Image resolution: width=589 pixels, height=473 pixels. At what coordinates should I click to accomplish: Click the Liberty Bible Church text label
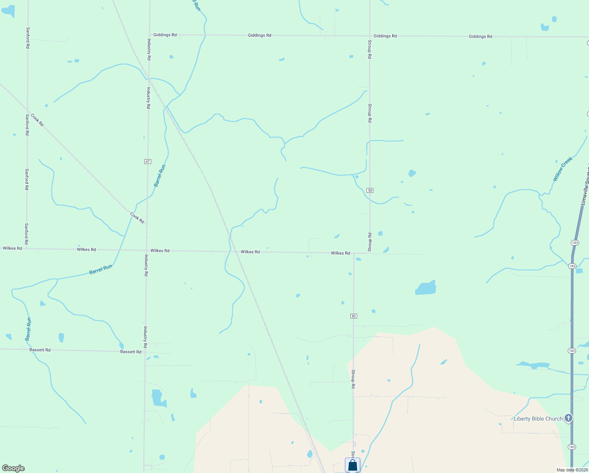click(x=538, y=419)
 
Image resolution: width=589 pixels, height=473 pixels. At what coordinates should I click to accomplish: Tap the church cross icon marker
click(x=568, y=418)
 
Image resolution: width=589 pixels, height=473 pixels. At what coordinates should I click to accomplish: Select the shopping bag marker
click(x=352, y=465)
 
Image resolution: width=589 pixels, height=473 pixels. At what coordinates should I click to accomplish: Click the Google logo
click(x=13, y=468)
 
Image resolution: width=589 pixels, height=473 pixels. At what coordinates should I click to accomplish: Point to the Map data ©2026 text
click(x=572, y=470)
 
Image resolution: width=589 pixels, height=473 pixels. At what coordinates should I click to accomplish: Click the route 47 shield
click(x=148, y=162)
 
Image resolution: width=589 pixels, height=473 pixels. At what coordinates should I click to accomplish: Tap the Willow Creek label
click(x=562, y=169)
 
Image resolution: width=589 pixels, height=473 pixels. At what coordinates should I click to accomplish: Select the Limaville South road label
click(x=584, y=185)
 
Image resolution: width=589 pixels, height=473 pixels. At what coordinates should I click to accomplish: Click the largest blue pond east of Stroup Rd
click(x=426, y=289)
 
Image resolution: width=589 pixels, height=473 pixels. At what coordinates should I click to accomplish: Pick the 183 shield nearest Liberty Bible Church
click(x=572, y=447)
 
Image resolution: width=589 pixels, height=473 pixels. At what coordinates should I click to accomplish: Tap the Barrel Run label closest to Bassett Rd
click(x=28, y=329)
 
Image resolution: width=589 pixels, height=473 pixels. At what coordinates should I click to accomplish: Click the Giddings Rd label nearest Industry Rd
click(x=165, y=35)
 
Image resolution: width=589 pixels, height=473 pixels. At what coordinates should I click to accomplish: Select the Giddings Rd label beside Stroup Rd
click(x=385, y=36)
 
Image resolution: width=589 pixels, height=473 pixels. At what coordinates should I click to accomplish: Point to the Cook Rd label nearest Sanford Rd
click(x=37, y=120)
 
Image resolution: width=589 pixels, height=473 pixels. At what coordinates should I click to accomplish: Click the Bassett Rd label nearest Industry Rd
click(x=131, y=352)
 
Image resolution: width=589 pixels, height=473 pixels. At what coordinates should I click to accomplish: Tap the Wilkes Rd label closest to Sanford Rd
click(x=13, y=248)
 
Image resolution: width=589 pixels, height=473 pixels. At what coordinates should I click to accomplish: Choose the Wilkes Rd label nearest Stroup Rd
click(x=341, y=253)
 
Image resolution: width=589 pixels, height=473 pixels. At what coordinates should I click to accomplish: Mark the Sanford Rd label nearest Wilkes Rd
click(x=26, y=234)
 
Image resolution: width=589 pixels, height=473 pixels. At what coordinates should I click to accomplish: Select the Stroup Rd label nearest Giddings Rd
click(x=370, y=49)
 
